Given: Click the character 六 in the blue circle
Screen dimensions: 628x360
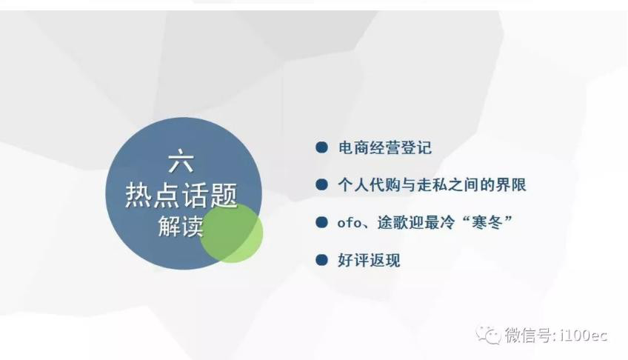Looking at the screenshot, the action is point(181,161).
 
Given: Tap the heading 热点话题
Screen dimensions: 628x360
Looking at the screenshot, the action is point(181,196).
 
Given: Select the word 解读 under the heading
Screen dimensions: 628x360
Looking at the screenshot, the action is point(181,226).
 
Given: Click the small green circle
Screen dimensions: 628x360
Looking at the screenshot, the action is point(232,233).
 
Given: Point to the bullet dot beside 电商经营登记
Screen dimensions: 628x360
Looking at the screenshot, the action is point(321,147).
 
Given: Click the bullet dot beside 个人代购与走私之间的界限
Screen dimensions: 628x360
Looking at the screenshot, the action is point(321,184).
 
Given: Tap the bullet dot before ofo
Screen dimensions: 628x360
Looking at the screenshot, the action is point(321,222).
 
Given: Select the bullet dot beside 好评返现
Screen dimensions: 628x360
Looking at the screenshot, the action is point(321,260).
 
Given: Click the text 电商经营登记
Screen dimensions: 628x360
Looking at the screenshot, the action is point(385,147).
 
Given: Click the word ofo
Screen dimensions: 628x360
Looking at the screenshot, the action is point(350,222).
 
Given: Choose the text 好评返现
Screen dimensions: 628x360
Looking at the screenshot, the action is point(370,260).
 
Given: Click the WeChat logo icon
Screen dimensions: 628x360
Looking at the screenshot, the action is point(488,335).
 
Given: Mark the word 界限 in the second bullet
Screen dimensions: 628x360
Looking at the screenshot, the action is point(511,185).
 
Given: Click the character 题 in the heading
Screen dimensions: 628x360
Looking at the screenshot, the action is point(224,196).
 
